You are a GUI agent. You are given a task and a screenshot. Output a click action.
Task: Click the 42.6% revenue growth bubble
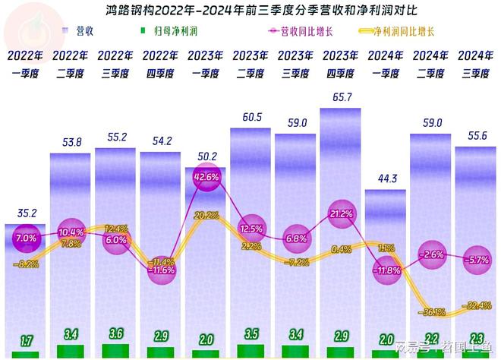click(206, 176)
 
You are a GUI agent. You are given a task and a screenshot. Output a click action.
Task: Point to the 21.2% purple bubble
click(341, 214)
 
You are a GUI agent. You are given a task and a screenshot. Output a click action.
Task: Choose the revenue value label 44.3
click(387, 178)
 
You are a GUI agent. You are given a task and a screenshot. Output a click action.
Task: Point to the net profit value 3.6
click(115, 333)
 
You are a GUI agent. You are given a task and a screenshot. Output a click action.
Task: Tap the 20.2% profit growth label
click(206, 215)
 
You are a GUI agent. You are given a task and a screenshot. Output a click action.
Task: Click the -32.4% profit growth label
click(477, 305)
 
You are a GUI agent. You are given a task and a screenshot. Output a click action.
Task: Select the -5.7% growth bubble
click(477, 259)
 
